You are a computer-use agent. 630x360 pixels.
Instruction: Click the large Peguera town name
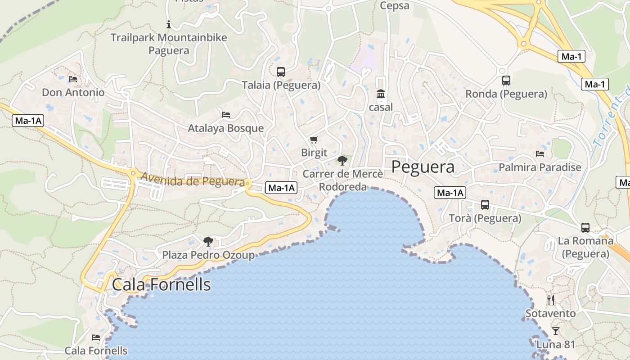coord(423,167)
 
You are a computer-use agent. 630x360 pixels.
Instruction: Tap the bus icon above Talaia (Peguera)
coord(281,72)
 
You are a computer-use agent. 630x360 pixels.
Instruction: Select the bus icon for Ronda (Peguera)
coord(506,81)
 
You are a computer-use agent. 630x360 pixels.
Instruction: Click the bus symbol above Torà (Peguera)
coord(485,205)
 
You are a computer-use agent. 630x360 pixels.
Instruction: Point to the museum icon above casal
coord(381,94)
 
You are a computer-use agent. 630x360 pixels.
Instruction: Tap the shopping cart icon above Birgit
coord(314,140)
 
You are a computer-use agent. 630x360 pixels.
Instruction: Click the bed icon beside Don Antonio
coord(73,79)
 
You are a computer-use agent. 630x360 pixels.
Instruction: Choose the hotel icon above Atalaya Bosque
coord(226,115)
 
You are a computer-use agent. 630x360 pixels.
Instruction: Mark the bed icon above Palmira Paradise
coord(540,154)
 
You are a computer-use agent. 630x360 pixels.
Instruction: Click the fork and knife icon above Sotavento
coord(551,300)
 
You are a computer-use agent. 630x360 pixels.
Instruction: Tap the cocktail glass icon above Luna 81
coord(556,331)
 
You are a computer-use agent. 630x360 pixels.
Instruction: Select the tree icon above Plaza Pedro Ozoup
coord(208,242)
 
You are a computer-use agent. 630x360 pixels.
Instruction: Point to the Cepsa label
coord(395,6)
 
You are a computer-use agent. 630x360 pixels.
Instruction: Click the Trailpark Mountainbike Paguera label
coord(169,44)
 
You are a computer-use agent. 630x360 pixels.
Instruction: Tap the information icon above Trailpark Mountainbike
coord(169,24)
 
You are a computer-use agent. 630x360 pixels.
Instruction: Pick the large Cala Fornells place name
coord(161,284)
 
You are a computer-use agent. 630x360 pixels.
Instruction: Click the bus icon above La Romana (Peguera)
coord(585,228)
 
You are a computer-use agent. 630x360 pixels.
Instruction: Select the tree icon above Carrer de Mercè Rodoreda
coord(342,160)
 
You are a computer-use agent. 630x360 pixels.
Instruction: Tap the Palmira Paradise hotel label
coord(540,167)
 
